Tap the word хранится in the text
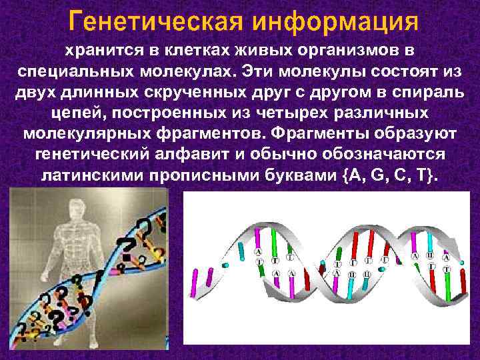coord(93,51)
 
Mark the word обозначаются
coord(389,154)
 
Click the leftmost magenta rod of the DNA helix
coord(195,280)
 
